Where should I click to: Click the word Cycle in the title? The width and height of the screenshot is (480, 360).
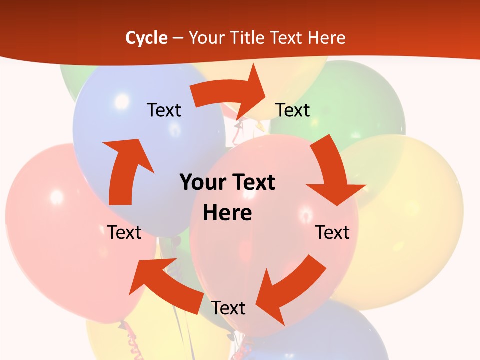146,38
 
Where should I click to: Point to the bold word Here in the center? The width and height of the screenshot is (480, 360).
227,213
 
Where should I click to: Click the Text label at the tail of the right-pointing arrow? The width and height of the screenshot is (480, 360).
164,110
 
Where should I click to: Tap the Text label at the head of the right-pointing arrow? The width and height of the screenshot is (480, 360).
293,110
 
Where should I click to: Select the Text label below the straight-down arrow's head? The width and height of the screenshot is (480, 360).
332,233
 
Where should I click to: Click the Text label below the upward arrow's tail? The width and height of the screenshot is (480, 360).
124,233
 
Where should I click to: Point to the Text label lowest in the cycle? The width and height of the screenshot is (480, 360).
228,308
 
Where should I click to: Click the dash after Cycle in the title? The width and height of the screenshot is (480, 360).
178,38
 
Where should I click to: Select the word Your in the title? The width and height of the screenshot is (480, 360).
205,38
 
